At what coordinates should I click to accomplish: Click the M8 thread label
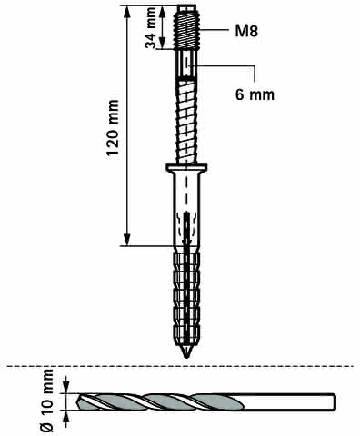tap(246, 31)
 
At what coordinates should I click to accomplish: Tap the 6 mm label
tap(255, 94)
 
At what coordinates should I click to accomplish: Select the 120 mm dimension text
tap(113, 127)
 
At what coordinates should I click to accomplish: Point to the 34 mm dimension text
tap(150, 28)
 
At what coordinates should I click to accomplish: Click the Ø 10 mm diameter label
tap(47, 401)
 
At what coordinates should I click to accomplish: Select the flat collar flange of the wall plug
tap(186, 167)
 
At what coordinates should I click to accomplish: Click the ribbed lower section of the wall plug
tap(186, 297)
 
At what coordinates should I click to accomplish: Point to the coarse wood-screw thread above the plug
tap(186, 121)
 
